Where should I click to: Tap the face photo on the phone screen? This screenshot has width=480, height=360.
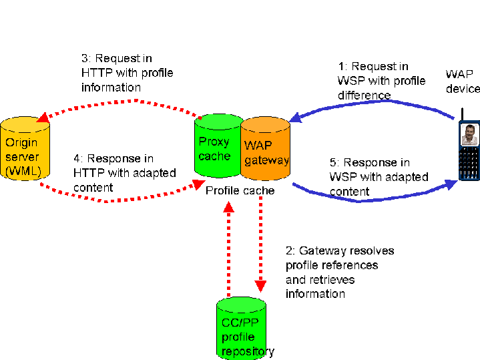pyautogui.click(x=469, y=134)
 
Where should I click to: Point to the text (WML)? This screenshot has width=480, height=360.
pyautogui.click(x=23, y=171)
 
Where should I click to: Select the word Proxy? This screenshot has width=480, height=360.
pyautogui.click(x=214, y=142)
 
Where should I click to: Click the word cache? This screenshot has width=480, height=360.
pyautogui.click(x=214, y=156)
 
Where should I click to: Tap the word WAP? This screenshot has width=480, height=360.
pyautogui.click(x=258, y=146)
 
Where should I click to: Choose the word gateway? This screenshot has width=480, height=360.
pyautogui.click(x=266, y=160)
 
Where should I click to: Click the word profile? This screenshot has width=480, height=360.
pyautogui.click(x=238, y=338)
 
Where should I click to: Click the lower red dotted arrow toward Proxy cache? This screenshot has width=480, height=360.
pyautogui.click(x=120, y=199)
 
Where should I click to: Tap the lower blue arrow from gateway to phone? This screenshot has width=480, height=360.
pyautogui.click(x=374, y=199)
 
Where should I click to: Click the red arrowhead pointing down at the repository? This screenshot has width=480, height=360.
pyautogui.click(x=260, y=285)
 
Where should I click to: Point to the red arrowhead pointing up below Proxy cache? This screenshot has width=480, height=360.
pyautogui.click(x=229, y=207)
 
